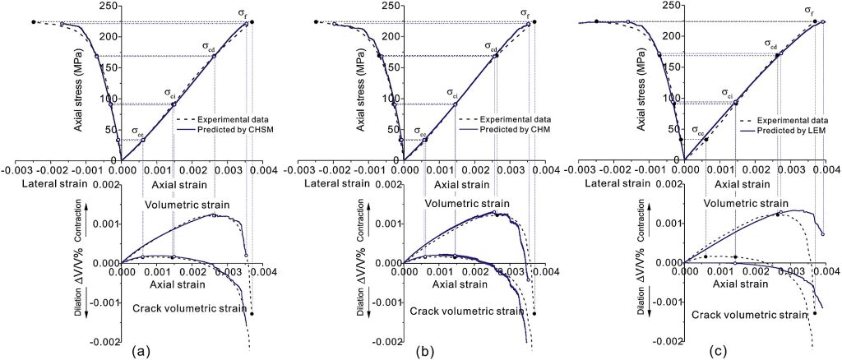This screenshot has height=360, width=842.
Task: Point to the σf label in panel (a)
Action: [243, 12]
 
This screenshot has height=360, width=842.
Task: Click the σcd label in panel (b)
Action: [490, 47]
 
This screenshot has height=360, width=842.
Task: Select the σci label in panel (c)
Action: [728, 93]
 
